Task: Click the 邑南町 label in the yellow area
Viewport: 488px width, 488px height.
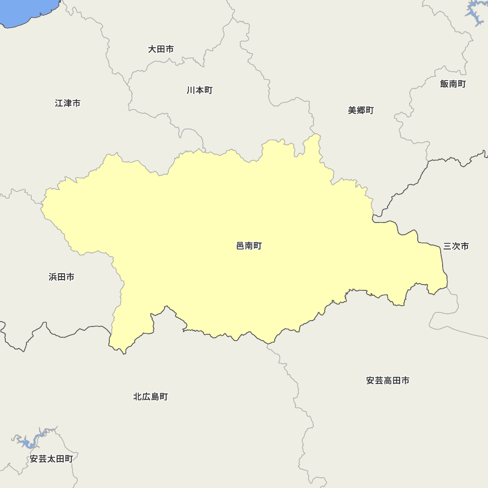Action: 249,246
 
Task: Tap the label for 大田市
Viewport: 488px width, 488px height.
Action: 161,49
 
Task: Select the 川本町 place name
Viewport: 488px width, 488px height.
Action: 199,90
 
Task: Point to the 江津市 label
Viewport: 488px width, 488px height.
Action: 68,103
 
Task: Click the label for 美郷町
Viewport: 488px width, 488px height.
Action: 361,110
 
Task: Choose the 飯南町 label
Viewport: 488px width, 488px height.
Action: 453,84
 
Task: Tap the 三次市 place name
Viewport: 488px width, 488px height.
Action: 456,246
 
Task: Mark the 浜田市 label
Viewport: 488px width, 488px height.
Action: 61,277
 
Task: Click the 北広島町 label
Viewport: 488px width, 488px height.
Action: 150,397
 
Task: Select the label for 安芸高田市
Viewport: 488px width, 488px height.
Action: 387,381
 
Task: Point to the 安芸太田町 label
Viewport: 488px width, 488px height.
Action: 51,459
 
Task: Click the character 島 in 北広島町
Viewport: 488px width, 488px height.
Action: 155,397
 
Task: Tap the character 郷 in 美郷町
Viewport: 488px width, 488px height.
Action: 361,110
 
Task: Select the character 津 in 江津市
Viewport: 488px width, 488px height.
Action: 68,103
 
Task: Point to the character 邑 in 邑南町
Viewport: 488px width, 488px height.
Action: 240,246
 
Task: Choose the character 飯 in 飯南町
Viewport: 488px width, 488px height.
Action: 444,84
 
